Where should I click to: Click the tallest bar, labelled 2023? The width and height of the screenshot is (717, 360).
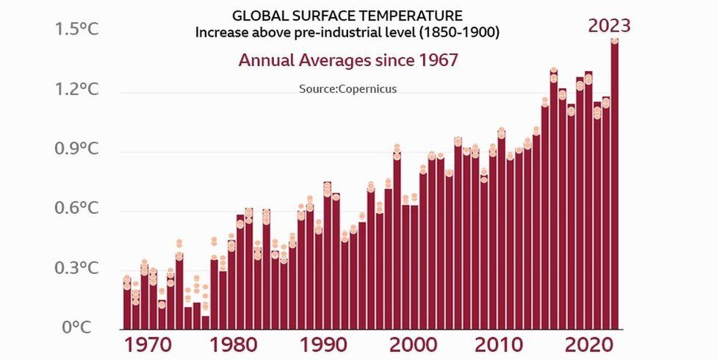pyautogui.click(x=614, y=184)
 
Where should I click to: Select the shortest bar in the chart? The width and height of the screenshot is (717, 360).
pyautogui.click(x=206, y=322)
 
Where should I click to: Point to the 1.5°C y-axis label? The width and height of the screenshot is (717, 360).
pyautogui.click(x=76, y=30)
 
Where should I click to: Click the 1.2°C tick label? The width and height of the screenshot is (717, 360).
pyautogui.click(x=76, y=90)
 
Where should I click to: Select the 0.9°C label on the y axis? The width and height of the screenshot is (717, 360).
pyautogui.click(x=76, y=150)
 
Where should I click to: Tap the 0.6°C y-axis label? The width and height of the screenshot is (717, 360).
pyautogui.click(x=76, y=209)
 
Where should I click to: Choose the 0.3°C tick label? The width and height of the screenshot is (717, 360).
pyautogui.click(x=76, y=268)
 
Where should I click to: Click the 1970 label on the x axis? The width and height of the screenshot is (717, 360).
pyautogui.click(x=145, y=345)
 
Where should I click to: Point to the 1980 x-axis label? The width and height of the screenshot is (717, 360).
pyautogui.click(x=231, y=345)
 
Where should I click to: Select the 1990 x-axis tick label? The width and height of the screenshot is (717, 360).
pyautogui.click(x=319, y=345)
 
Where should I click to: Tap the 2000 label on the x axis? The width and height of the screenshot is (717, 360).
pyautogui.click(x=406, y=345)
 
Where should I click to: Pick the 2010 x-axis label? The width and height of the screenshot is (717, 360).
pyautogui.click(x=492, y=345)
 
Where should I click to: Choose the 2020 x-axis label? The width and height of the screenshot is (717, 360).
pyautogui.click(x=579, y=345)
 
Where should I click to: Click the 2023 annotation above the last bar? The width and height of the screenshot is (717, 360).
pyautogui.click(x=609, y=26)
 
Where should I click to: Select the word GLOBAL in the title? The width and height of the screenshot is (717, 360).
pyautogui.click(x=255, y=15)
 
